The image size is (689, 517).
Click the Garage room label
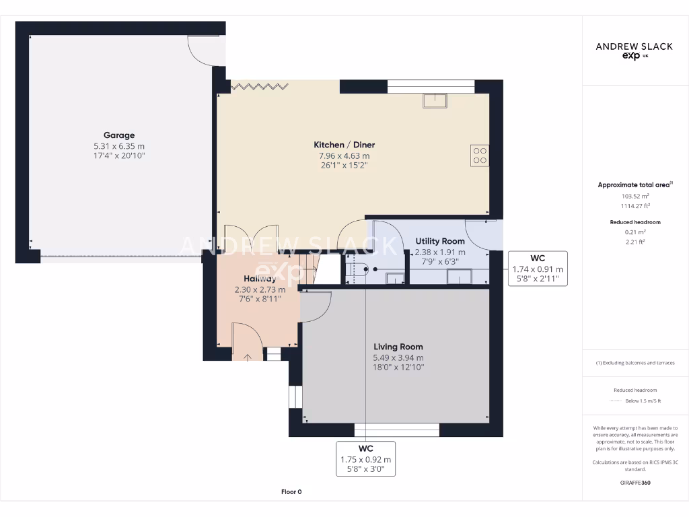click(119, 135)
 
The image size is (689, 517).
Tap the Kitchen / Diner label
click(344, 145)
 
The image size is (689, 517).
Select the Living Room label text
click(398, 347)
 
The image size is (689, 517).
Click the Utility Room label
click(440, 241)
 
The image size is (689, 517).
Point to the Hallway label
click(260, 279)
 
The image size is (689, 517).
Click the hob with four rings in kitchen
click(480, 156)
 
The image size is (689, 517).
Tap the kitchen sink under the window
click(435, 100)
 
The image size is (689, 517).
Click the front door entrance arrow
click(247, 357)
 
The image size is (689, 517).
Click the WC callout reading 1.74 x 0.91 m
click(537, 269)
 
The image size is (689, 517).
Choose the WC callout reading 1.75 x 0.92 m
click(365, 459)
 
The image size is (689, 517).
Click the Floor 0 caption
click(292, 492)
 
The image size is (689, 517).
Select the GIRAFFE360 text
click(635, 482)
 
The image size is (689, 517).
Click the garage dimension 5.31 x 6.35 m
click(119, 146)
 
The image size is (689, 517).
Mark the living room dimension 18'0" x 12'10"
click(398, 368)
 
